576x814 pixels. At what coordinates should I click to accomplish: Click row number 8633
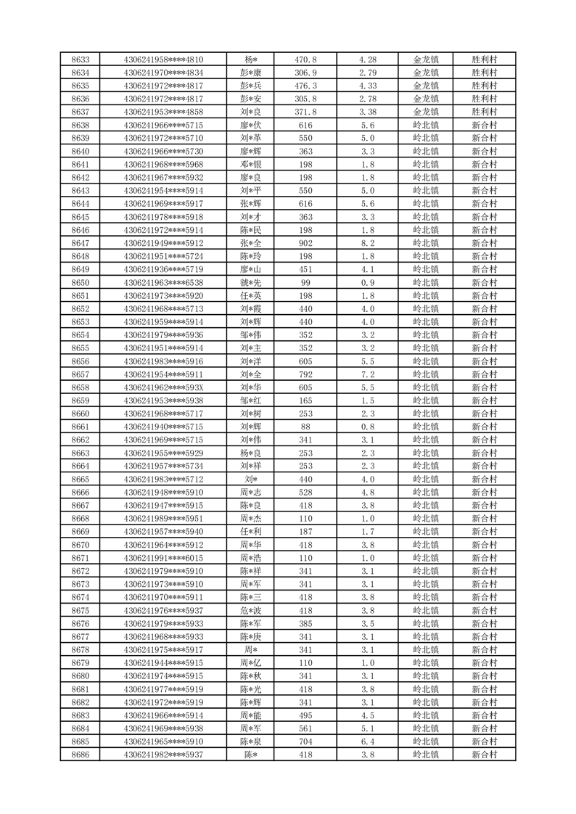(81, 59)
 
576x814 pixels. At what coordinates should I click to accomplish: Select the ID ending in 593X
(164, 387)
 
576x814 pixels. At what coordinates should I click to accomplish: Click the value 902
(305, 243)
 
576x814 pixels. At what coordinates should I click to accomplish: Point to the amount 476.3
(305, 86)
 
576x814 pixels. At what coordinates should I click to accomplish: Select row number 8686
(81, 755)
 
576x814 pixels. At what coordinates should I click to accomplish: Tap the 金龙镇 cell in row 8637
(426, 112)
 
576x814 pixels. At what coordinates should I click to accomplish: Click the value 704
(305, 741)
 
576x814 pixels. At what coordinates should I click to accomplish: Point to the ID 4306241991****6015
(164, 558)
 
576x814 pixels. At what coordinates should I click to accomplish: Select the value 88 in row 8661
(305, 427)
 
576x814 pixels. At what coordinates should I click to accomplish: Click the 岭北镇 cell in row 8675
(426, 610)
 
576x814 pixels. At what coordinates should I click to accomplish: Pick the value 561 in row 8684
(305, 728)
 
